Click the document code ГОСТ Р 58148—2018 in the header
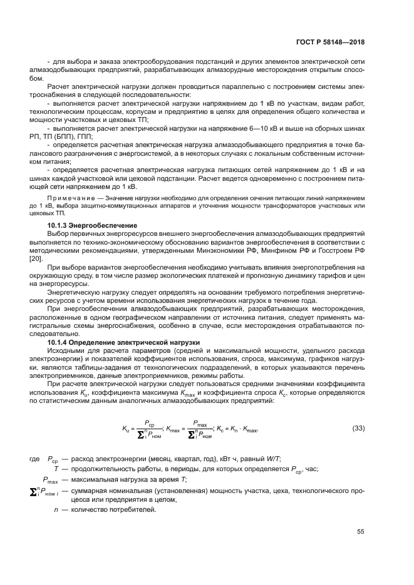click(x=330, y=41)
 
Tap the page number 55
click(x=360, y=532)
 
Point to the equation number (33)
click(x=358, y=428)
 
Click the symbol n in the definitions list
click(x=56, y=509)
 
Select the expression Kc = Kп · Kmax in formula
click(x=237, y=428)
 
